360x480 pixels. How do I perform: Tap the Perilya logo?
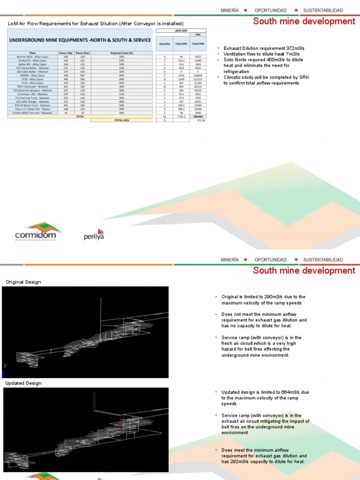click(x=94, y=234)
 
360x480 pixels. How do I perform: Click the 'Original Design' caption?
click(x=23, y=282)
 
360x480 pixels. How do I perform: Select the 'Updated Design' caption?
click(x=23, y=383)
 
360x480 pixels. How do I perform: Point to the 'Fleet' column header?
click(x=33, y=53)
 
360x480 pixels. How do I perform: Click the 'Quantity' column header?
click(x=165, y=44)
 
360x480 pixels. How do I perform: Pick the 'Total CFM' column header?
click(x=197, y=44)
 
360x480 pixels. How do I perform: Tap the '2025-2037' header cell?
click(x=180, y=31)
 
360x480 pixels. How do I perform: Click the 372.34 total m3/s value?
click(x=201, y=120)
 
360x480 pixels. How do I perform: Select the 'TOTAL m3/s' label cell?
click(x=122, y=120)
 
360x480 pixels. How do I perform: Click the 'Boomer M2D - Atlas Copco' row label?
click(x=33, y=57)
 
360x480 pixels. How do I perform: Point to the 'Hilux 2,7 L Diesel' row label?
click(x=33, y=109)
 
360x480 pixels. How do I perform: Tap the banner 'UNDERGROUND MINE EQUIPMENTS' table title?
click(x=80, y=40)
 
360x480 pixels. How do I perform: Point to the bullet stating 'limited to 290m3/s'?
click(x=263, y=300)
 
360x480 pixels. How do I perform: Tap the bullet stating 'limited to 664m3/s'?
click(x=265, y=397)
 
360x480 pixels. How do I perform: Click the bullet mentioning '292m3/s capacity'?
click(x=265, y=456)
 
